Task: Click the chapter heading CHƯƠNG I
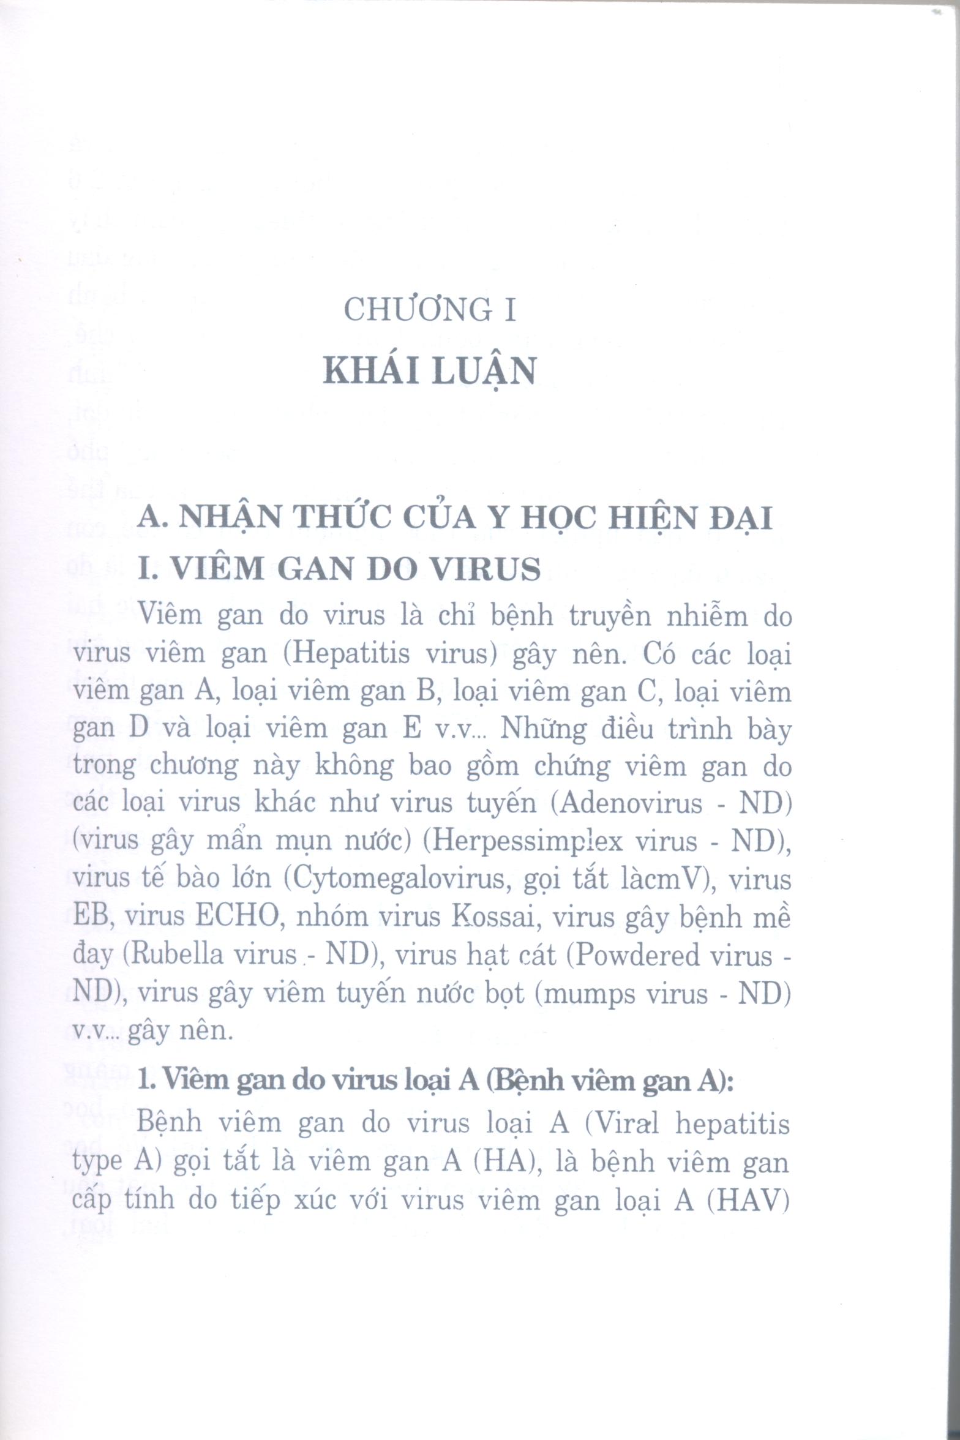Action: coord(430,310)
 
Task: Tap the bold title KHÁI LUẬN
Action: coord(430,371)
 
